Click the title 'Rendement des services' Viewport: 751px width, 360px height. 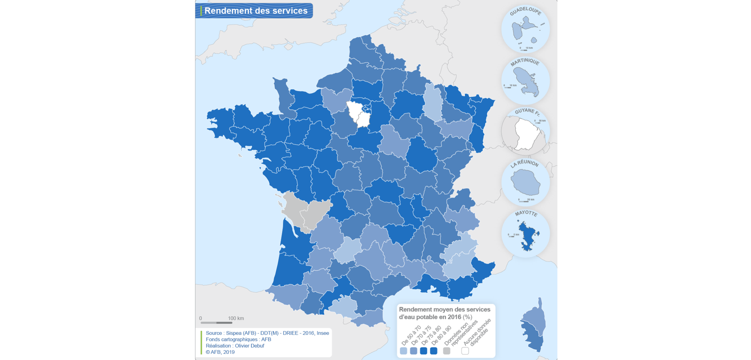coord(256,11)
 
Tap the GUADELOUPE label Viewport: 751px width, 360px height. coord(525,11)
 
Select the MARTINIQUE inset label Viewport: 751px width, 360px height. coord(525,62)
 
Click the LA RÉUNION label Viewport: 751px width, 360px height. coord(524,164)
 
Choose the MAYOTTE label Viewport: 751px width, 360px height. coord(526,213)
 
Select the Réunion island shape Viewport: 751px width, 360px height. coord(525,183)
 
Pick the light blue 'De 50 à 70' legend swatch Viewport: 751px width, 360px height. coord(403,351)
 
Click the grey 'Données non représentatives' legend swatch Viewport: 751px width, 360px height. coord(447,351)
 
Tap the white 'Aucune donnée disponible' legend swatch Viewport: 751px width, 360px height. coord(465,351)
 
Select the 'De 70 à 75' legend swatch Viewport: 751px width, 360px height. coord(413,351)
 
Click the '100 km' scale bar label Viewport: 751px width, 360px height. coord(236,318)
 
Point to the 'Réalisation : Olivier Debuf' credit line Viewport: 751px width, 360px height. coord(235,346)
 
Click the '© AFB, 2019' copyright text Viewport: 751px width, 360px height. coord(220,352)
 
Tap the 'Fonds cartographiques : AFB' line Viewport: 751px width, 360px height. coord(238,339)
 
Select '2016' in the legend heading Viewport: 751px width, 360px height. coord(454,317)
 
